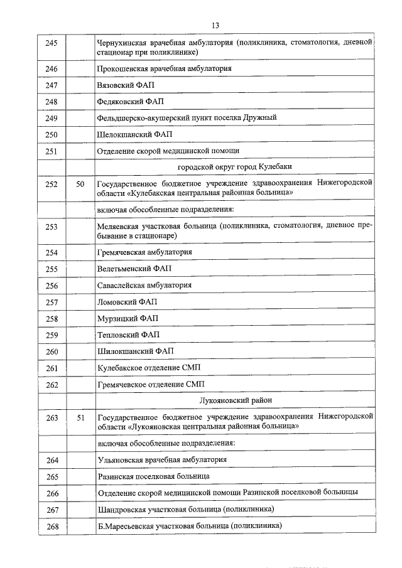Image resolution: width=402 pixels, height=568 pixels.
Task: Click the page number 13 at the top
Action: [215, 25]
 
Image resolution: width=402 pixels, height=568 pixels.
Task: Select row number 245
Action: [52, 43]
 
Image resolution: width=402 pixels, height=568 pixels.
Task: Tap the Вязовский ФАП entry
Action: [126, 85]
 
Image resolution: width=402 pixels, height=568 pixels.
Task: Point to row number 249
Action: [52, 118]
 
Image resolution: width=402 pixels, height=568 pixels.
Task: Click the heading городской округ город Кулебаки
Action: [235, 167]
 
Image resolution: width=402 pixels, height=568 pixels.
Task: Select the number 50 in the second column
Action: [80, 185]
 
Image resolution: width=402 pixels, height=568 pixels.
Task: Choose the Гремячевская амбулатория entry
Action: [144, 252]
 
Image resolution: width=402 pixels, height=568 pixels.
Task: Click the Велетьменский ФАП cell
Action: [134, 269]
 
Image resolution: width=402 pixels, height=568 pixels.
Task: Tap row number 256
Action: [52, 286]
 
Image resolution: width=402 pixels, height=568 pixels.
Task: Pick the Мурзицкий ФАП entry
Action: [128, 318]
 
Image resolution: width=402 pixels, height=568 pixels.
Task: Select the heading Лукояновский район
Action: [235, 400]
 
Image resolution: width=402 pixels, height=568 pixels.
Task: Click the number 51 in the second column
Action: [80, 417]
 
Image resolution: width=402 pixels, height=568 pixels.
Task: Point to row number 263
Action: [52, 417]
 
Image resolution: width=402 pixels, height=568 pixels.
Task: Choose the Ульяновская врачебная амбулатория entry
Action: [162, 460]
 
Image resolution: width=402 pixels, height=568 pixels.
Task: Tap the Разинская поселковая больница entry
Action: [154, 476]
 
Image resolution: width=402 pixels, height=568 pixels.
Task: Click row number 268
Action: [52, 526]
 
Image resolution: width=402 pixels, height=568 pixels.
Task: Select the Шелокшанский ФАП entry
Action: [134, 134]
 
